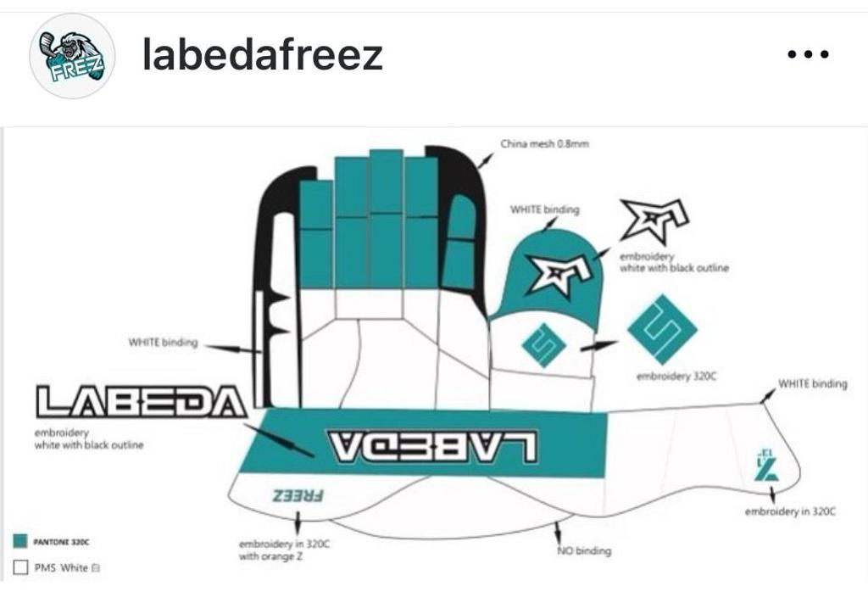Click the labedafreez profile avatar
click(72, 57)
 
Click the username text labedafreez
click(263, 56)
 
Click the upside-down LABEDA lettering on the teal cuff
click(432, 444)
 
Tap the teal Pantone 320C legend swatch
click(21, 540)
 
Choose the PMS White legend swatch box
click(21, 567)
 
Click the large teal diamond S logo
click(662, 329)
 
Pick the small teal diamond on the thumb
click(543, 345)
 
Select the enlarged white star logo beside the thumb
click(654, 221)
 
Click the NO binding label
click(583, 551)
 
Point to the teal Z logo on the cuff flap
click(765, 467)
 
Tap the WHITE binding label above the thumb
click(544, 209)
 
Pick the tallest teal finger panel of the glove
click(386, 216)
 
